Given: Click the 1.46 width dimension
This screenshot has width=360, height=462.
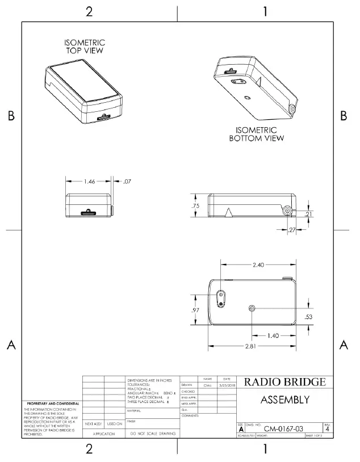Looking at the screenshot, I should pyautogui.click(x=89, y=182).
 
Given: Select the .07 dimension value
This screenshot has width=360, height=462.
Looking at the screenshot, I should pyautogui.click(x=127, y=182).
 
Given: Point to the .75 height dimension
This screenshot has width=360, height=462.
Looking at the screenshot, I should pyautogui.click(x=196, y=207).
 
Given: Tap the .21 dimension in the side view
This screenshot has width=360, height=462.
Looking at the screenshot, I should pyautogui.click(x=308, y=214).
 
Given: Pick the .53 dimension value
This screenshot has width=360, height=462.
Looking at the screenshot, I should pyautogui.click(x=308, y=316).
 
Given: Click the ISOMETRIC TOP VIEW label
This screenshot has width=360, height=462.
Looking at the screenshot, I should pyautogui.click(x=85, y=47).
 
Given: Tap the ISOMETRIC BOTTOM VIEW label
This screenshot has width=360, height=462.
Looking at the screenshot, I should pyautogui.click(x=257, y=134).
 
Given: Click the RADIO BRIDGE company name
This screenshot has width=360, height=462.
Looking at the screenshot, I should pyautogui.click(x=284, y=382).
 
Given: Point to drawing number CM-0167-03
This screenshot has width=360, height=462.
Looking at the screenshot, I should pyautogui.click(x=287, y=429).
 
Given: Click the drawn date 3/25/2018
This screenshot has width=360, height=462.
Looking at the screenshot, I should pyautogui.click(x=226, y=385).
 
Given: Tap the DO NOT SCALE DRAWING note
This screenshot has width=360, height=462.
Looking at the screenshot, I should pyautogui.click(x=152, y=434).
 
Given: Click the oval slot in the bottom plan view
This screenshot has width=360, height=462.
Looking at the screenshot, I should pyautogui.click(x=221, y=297).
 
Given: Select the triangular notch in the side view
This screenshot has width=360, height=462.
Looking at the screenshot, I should pyautogui.click(x=229, y=212).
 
